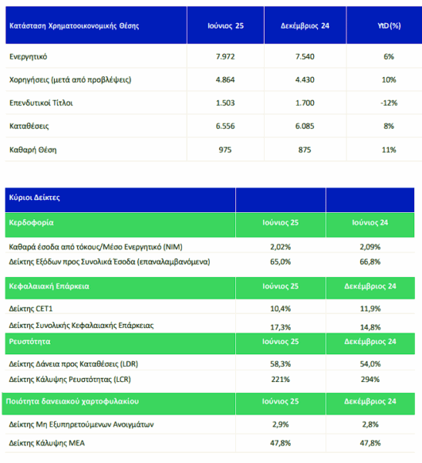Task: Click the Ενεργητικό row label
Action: (x=28, y=56)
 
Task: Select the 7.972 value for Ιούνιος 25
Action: (x=225, y=56)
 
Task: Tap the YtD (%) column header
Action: (x=389, y=26)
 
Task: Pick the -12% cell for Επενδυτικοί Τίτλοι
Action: (x=389, y=103)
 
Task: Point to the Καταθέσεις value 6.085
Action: (x=305, y=126)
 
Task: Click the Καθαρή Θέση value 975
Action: (x=225, y=150)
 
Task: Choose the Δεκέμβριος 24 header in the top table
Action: (x=305, y=26)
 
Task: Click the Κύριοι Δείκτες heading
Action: (x=34, y=198)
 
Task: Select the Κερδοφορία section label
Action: (x=31, y=223)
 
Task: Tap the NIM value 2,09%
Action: (x=370, y=247)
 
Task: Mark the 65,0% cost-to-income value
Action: (x=281, y=262)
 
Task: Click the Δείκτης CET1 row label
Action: (x=31, y=309)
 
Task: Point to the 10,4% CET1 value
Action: (x=281, y=309)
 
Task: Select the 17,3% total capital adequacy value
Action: (x=281, y=327)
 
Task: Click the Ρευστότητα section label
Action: (x=29, y=342)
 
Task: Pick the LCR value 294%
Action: (x=370, y=380)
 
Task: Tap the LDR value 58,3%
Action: (x=281, y=364)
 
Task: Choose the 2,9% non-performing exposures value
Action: (x=281, y=424)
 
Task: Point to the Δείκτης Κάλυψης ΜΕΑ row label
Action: (x=46, y=443)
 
